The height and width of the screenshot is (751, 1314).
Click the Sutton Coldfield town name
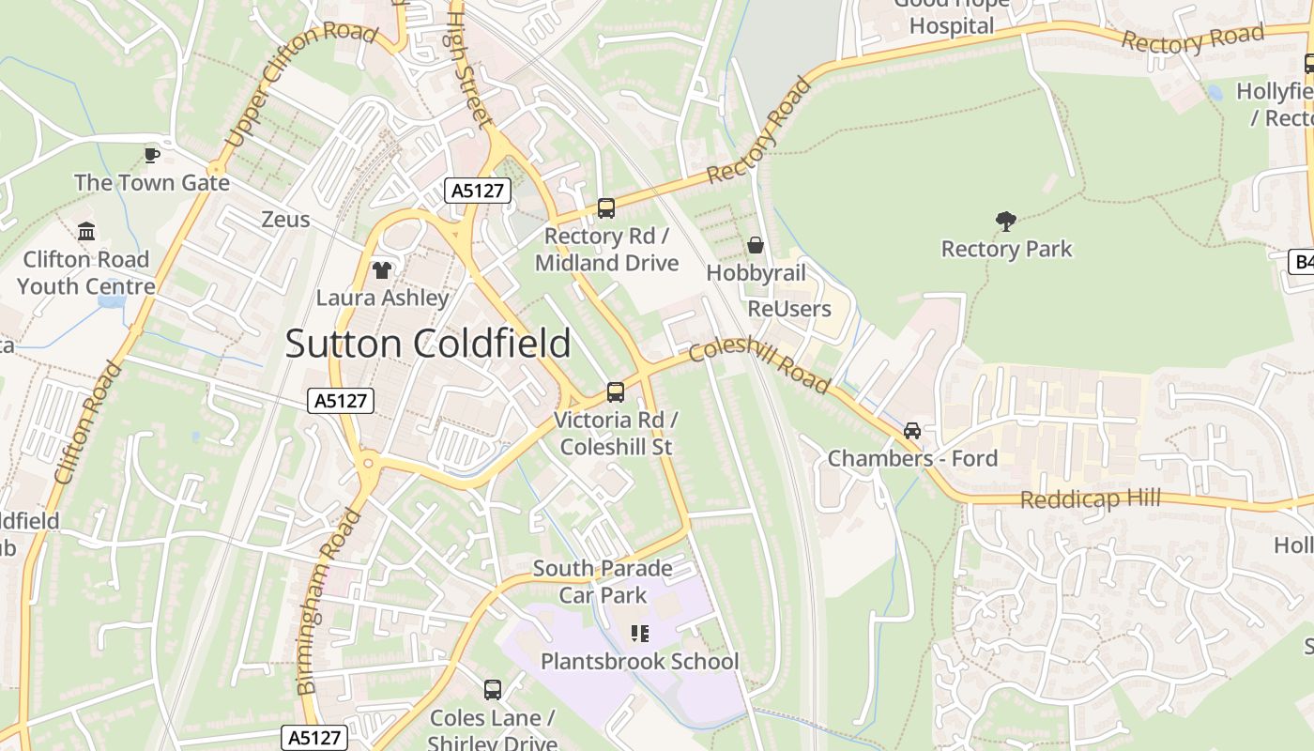pyautogui.click(x=428, y=344)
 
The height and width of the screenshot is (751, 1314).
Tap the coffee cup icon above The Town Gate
pyautogui.click(x=152, y=154)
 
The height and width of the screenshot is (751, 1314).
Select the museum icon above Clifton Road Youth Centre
pyautogui.click(x=86, y=231)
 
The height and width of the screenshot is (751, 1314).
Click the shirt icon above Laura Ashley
pyautogui.click(x=382, y=270)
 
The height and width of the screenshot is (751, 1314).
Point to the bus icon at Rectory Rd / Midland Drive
pyautogui.click(x=606, y=208)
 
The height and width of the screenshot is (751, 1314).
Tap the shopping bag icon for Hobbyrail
pyautogui.click(x=756, y=246)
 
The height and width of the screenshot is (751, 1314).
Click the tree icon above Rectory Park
pyautogui.click(x=1006, y=222)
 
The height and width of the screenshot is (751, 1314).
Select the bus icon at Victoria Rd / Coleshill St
pyautogui.click(x=616, y=391)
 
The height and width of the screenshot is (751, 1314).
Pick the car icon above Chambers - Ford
pyautogui.click(x=911, y=431)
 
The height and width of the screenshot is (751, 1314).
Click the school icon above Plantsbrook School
pyautogui.click(x=640, y=634)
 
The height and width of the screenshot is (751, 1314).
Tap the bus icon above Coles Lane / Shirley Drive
pyautogui.click(x=493, y=690)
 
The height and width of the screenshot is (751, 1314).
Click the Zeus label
pyautogui.click(x=285, y=220)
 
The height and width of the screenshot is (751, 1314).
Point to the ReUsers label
pyautogui.click(x=789, y=309)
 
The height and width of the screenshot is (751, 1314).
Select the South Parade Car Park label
pyautogui.click(x=603, y=581)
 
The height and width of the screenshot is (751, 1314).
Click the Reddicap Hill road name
pyautogui.click(x=1090, y=498)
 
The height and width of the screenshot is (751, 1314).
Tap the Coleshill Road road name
pyautogui.click(x=759, y=364)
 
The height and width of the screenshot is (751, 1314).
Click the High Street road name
pyautogui.click(x=468, y=68)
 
